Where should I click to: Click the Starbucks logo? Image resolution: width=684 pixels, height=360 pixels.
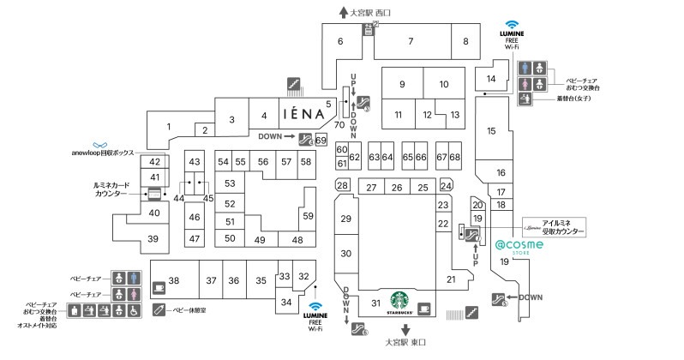(x=399, y=302)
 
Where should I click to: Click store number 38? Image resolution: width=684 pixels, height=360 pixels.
(x=173, y=281)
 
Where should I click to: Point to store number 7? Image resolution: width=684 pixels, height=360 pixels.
(x=411, y=41)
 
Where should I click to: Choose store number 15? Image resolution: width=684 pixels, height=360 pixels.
(x=492, y=131)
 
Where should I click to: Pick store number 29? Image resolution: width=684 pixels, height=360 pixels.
(x=345, y=219)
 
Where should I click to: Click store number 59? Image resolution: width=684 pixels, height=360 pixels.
(x=308, y=216)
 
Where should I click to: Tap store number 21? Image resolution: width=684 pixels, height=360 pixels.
(x=450, y=279)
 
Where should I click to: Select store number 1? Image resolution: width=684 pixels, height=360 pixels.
(x=169, y=128)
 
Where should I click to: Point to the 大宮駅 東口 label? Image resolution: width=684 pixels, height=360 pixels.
(x=405, y=343)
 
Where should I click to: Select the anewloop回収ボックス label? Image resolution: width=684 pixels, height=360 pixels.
(x=103, y=152)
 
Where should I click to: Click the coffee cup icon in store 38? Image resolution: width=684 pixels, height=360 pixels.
(x=159, y=287)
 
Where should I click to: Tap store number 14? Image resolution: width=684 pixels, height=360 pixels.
(x=491, y=80)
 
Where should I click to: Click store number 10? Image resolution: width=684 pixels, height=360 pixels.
(x=443, y=84)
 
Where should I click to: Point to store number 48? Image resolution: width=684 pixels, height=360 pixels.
(x=297, y=240)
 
